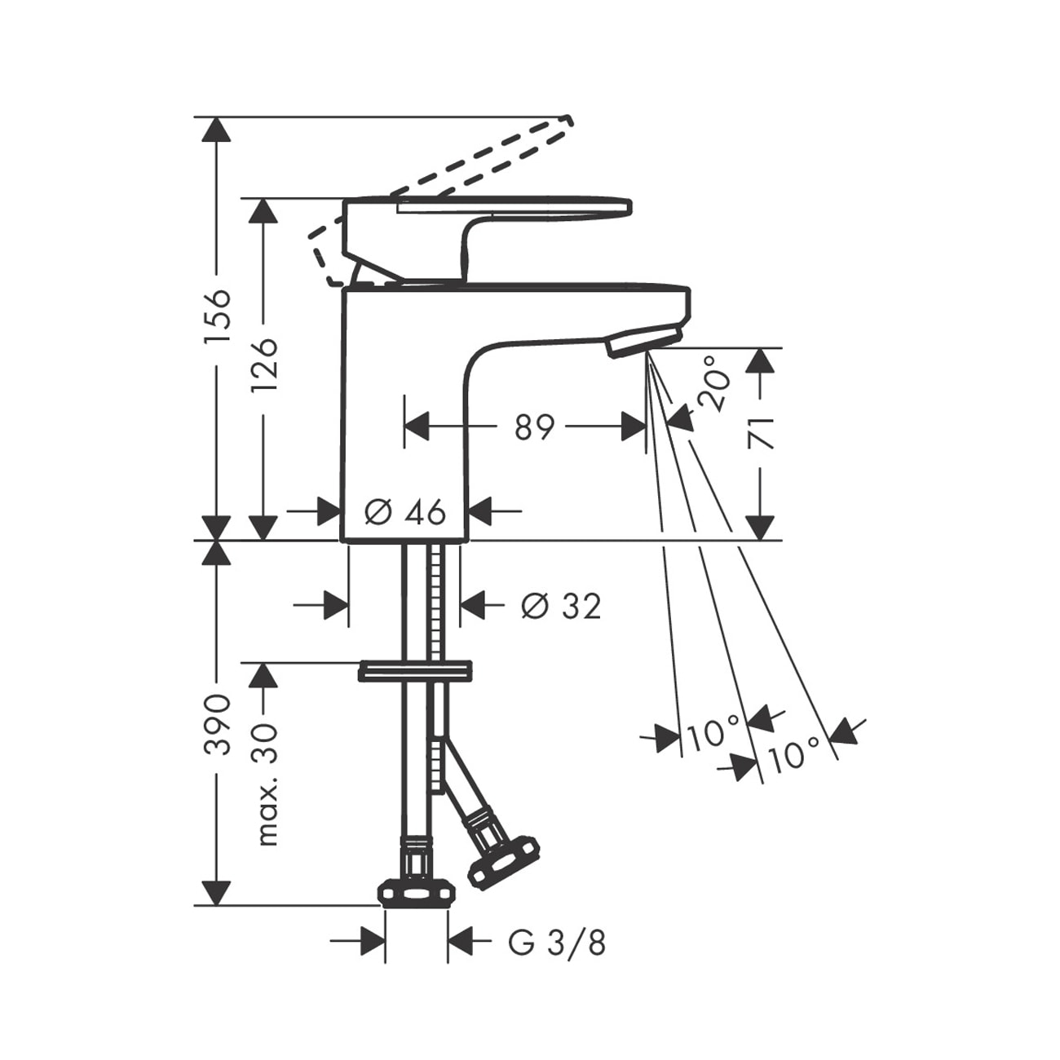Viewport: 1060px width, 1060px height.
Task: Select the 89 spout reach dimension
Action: point(535,427)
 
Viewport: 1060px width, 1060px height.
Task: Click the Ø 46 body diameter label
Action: point(405,513)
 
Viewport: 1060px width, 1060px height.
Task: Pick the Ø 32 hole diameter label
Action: point(560,607)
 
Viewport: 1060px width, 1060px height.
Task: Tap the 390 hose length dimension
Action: point(217,725)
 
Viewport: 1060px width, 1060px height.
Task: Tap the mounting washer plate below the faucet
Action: point(414,671)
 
